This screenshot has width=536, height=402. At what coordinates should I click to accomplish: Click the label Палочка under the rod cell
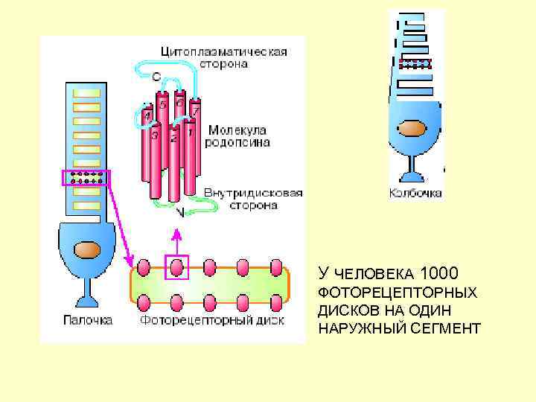tap(86, 320)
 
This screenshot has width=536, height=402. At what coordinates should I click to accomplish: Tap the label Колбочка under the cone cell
tap(415, 193)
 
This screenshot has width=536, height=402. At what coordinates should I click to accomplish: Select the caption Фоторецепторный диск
tap(212, 321)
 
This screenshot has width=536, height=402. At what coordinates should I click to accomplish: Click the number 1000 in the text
tap(438, 272)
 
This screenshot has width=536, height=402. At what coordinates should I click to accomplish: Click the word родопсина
tap(237, 141)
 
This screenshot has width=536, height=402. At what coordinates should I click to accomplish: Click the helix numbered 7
tap(195, 112)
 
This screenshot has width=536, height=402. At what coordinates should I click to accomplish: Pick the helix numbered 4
tap(147, 115)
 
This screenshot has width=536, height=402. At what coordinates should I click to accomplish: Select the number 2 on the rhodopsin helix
tap(173, 138)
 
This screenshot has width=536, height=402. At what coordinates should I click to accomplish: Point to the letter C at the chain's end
tap(156, 76)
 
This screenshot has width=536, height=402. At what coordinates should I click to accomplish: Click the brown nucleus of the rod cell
tap(87, 249)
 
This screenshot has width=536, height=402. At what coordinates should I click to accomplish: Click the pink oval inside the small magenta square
tap(176, 266)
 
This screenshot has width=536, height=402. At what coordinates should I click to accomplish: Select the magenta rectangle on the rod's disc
tap(85, 178)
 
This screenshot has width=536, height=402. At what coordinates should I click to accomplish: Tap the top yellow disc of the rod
tap(86, 93)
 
